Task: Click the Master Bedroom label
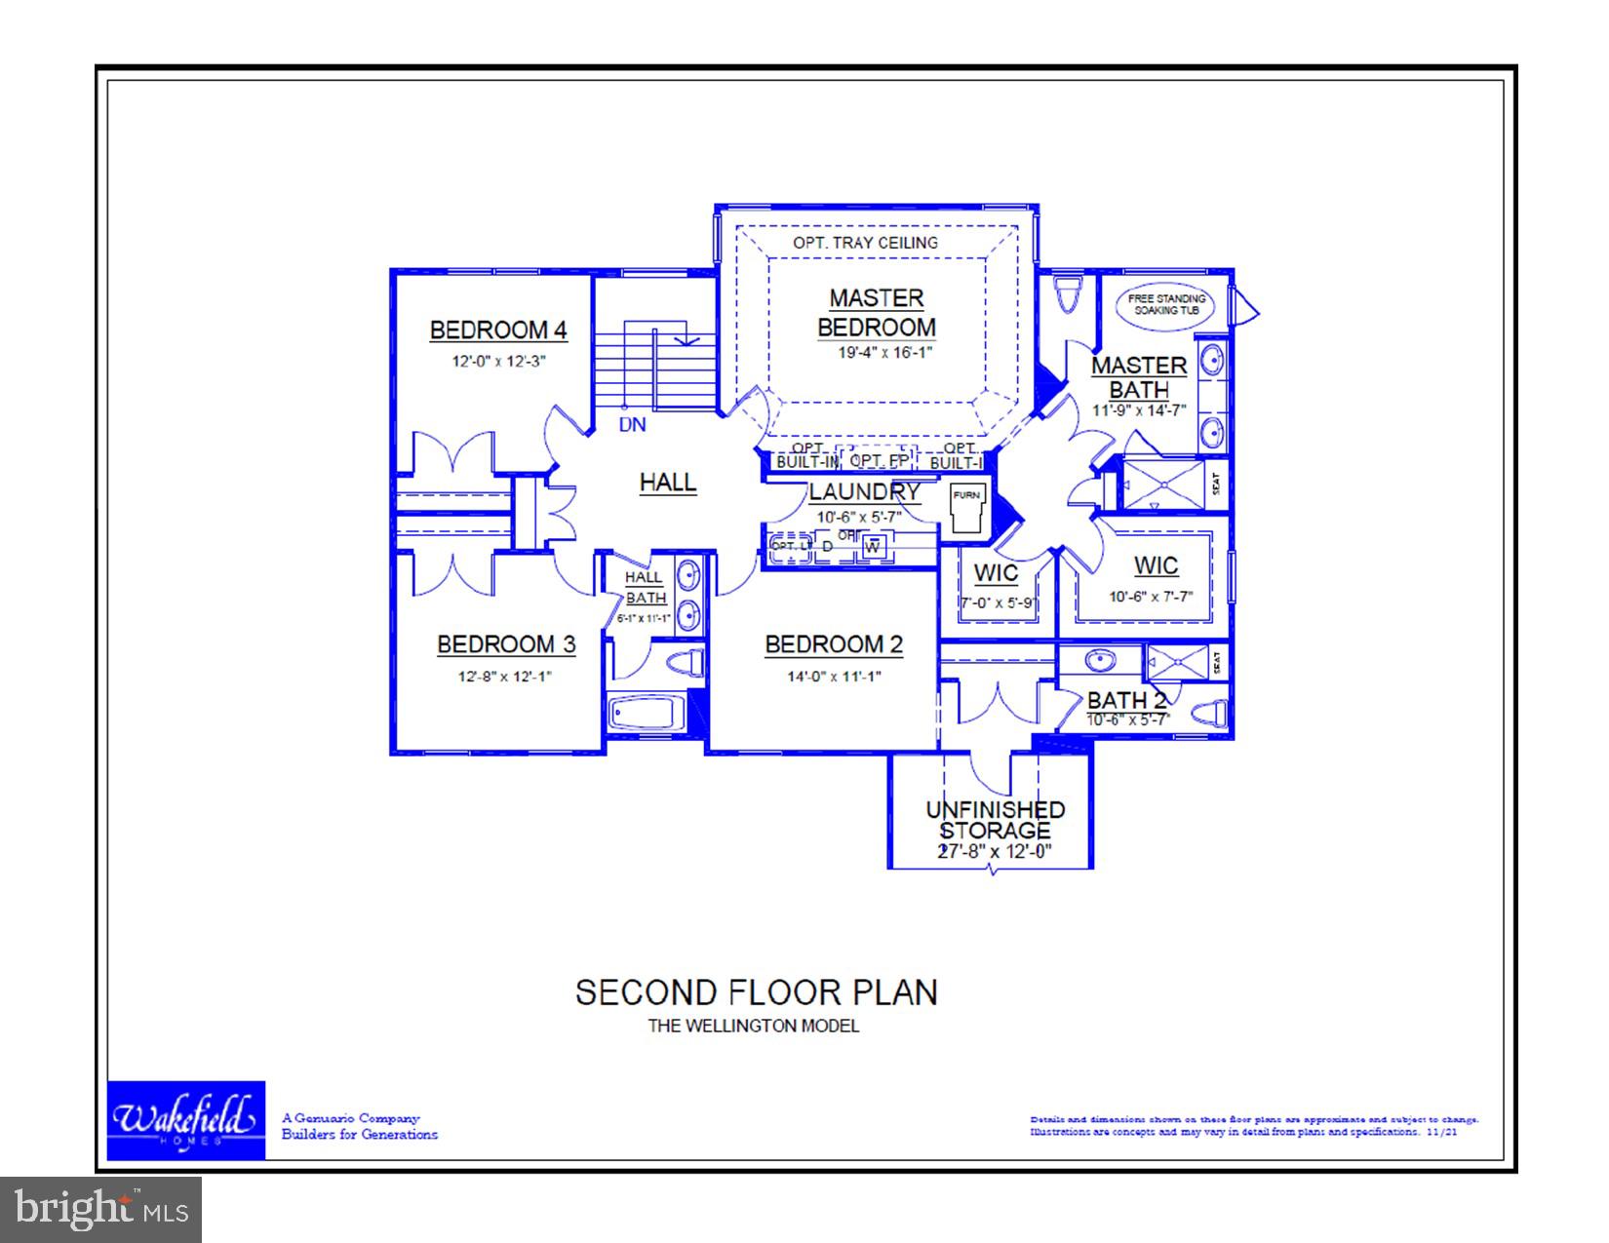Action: tap(876, 313)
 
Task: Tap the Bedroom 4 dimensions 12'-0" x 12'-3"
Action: tap(497, 361)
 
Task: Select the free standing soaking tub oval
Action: tap(1166, 303)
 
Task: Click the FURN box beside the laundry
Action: tap(966, 507)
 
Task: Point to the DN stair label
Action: tap(632, 425)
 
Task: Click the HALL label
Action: tap(668, 482)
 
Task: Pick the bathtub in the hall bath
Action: tap(647, 713)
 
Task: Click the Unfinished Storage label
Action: tap(995, 820)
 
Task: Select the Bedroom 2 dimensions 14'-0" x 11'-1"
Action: tap(834, 676)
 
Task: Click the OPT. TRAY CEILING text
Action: tap(865, 243)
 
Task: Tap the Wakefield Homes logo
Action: tap(185, 1120)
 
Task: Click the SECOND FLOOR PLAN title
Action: tap(756, 992)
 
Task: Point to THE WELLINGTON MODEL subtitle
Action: tap(754, 1026)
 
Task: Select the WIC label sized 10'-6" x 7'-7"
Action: tap(1156, 566)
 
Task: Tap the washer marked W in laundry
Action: tap(873, 547)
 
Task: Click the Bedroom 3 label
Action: tap(505, 644)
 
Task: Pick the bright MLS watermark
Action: tap(100, 1210)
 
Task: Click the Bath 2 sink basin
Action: tap(1101, 661)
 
